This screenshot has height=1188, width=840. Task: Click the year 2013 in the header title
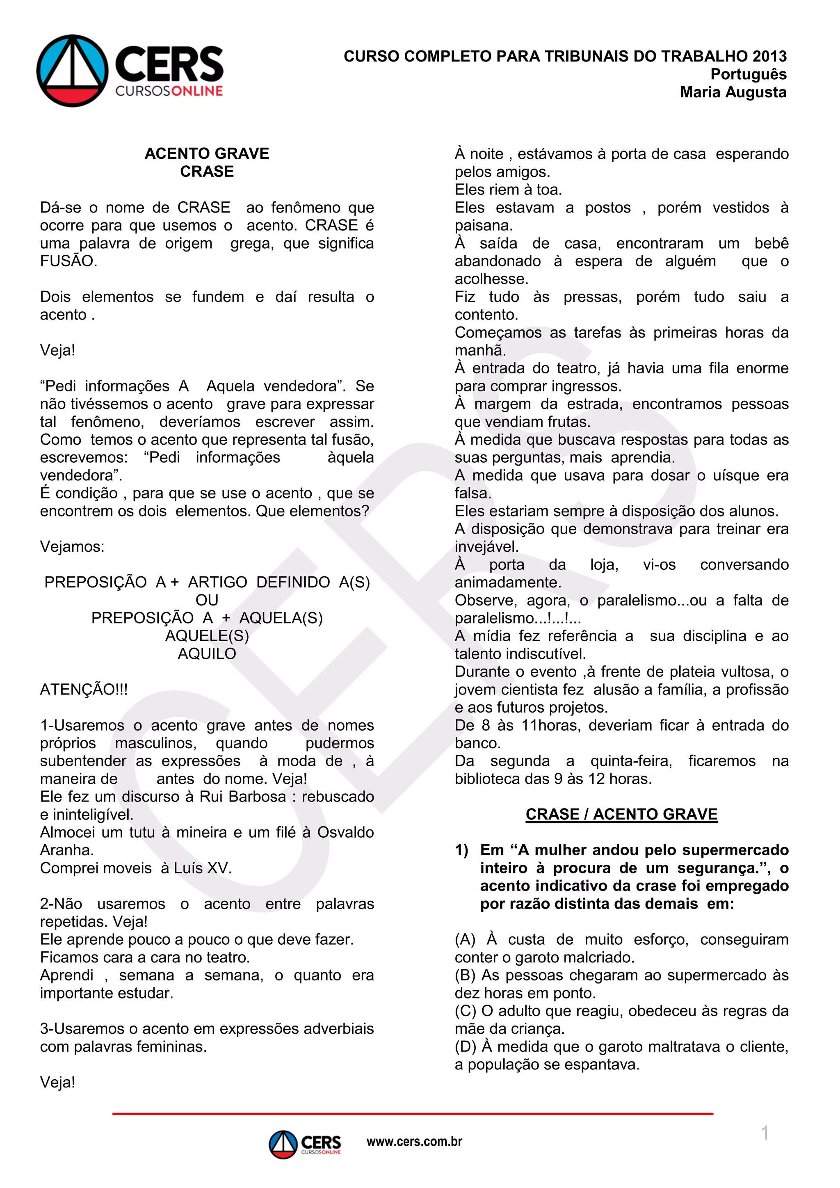pos(769,56)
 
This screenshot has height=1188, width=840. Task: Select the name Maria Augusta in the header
pos(733,92)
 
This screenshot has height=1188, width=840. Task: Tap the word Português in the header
pos(748,74)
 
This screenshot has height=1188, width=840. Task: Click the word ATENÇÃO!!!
pos(84,689)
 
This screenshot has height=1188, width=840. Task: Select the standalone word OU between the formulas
pos(207,600)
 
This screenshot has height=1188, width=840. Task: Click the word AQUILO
pos(207,653)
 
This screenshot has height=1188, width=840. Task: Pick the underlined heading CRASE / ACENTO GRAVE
pos(621,814)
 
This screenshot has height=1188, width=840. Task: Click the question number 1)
pos(461,850)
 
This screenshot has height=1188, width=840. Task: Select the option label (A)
pos(465,939)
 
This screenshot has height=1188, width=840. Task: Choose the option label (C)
pos(465,1010)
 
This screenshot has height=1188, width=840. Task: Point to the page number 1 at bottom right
pos(765,1133)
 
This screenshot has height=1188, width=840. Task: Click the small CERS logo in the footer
pos(305,1144)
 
